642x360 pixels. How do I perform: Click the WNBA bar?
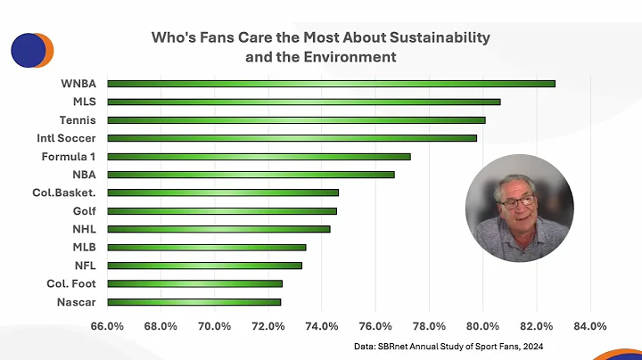tap(330, 83)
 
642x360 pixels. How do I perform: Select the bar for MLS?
tap(303, 102)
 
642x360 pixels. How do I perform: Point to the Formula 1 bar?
tap(259, 156)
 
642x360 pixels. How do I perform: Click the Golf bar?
tap(222, 211)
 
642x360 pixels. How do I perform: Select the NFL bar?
tap(204, 266)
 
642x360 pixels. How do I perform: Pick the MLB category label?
tap(82, 247)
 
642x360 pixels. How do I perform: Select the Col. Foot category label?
tap(71, 283)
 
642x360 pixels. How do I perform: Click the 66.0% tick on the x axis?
tap(107, 325)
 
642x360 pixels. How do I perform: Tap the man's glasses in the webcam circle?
tap(515, 202)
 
